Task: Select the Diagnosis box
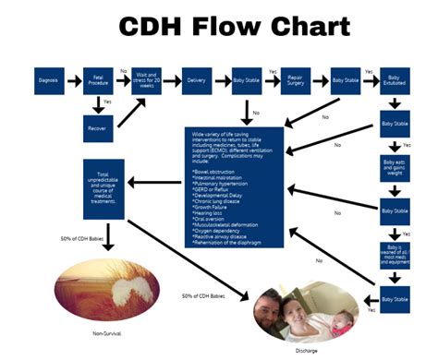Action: [48, 79]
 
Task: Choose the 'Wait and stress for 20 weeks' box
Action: [149, 79]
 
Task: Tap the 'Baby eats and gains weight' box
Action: [395, 170]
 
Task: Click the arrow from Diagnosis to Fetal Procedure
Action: [73, 79]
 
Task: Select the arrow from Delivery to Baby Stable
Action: [223, 79]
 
